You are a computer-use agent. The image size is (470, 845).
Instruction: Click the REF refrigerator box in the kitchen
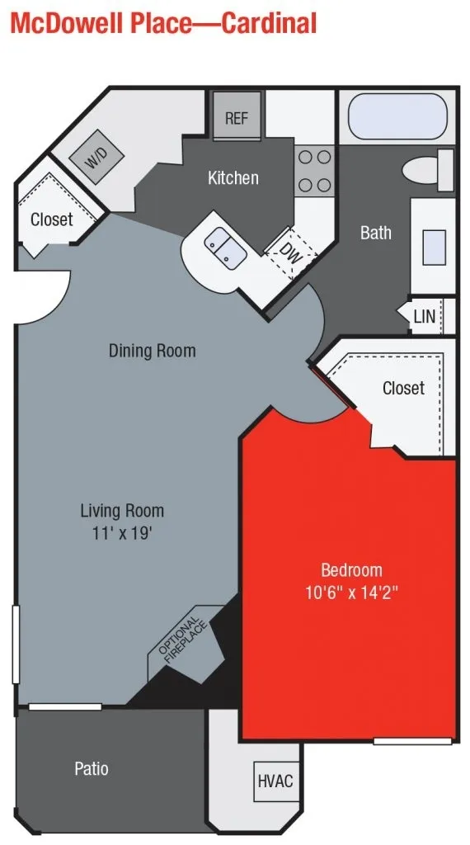[x=236, y=118]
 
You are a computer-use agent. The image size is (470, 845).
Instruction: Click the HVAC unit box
[x=275, y=781]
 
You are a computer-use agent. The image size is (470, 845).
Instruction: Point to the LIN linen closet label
[x=424, y=317]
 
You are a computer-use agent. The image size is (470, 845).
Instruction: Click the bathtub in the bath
[x=397, y=118]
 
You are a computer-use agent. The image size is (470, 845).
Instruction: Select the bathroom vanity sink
[x=434, y=245]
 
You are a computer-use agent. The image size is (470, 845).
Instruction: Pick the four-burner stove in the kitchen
[x=314, y=171]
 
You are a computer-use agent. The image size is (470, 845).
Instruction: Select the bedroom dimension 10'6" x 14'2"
[x=351, y=592]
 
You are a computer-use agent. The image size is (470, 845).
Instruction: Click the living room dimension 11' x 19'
[x=122, y=532]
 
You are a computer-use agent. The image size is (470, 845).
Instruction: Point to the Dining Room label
[x=153, y=351]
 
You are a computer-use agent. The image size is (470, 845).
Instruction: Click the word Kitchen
[x=233, y=177]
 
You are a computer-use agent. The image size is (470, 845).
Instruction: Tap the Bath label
[x=375, y=233]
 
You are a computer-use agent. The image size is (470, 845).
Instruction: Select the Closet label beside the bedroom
[x=403, y=388]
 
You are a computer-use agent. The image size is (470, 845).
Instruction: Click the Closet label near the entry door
[x=51, y=220]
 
